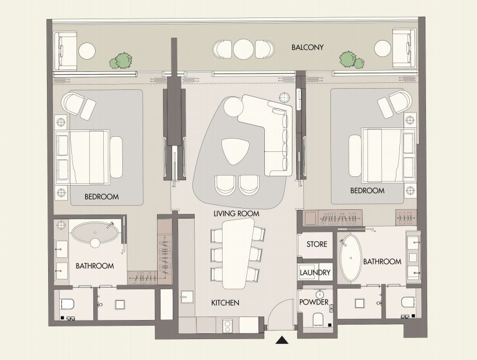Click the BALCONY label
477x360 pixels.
pos(307,48)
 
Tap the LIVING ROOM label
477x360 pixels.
pos(236,214)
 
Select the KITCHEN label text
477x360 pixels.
pos(225,303)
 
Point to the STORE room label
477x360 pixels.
pos(316,245)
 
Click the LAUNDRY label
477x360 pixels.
pos(315,272)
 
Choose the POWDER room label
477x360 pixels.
pos(314,302)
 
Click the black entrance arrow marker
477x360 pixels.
pos(282,340)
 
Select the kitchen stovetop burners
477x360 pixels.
pos(227,325)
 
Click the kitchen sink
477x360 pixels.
pos(187,297)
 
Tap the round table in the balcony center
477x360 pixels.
pos(243,49)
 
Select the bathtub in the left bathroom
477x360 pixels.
pos(95,233)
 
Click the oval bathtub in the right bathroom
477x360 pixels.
pos(351,258)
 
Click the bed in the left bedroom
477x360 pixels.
pos(83,157)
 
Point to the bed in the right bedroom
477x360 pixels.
pos(388,155)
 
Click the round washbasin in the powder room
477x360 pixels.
pos(319,294)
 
